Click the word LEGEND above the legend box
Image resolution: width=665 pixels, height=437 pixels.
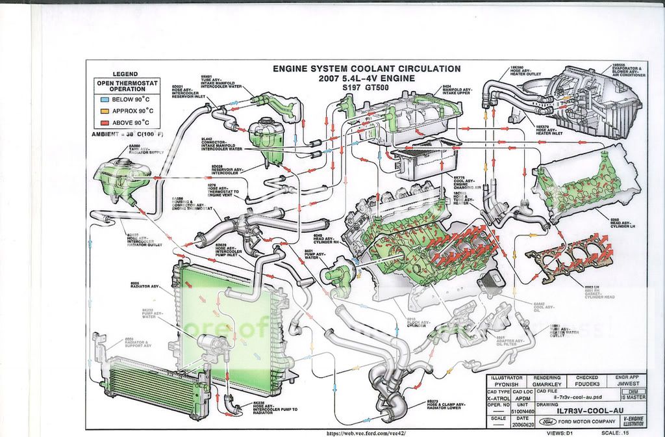(x=125, y=74)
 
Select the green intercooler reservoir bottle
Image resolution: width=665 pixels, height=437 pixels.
(x=266, y=140)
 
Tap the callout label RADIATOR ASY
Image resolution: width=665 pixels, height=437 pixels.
(x=144, y=285)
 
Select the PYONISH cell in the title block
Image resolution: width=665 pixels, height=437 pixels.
(x=506, y=384)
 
